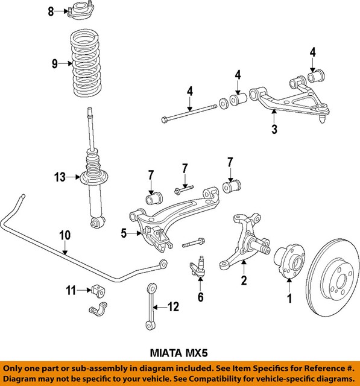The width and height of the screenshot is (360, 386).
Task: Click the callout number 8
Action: [51, 11]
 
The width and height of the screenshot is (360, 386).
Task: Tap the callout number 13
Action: [58, 177]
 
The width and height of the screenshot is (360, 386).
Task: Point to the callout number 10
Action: [65, 235]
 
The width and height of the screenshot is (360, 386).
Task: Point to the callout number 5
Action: [124, 233]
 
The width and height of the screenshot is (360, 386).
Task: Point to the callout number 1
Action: [289, 298]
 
